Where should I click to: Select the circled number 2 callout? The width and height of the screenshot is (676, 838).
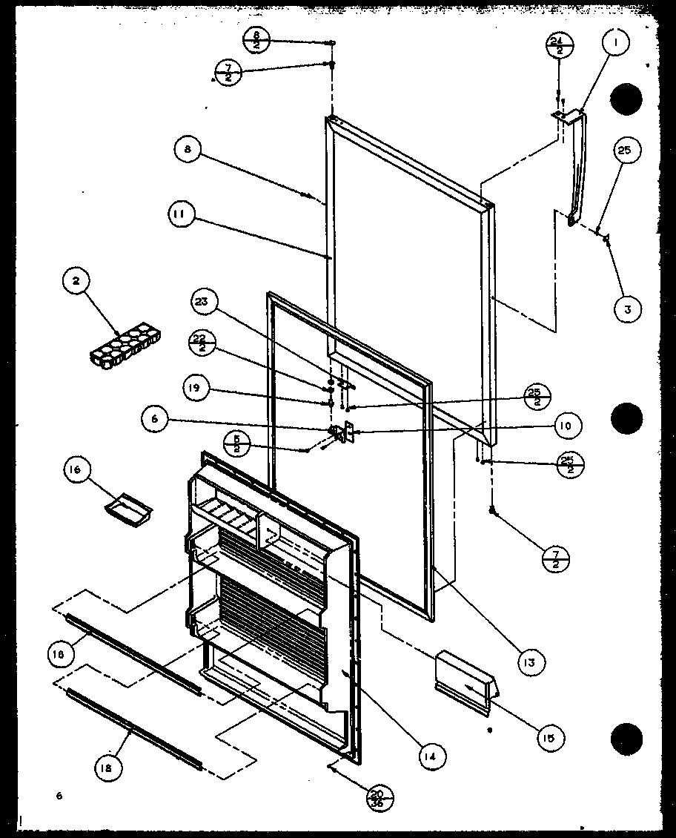77,282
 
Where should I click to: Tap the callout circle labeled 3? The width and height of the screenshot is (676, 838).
627,309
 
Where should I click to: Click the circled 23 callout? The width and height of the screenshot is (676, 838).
202,303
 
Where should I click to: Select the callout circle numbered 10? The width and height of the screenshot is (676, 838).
566,426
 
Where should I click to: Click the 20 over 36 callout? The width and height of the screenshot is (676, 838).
380,799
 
